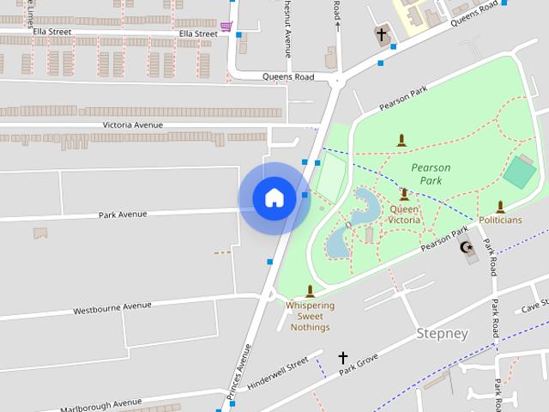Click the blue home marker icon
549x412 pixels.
pos(274,197)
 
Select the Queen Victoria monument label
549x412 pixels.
pos(405,214)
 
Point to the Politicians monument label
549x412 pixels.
pos(500,220)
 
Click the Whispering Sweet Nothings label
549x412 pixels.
pos(310,316)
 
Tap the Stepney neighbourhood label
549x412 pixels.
pos(443,333)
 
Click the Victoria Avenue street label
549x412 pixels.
pos(133,124)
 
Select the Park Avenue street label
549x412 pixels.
pos(123,215)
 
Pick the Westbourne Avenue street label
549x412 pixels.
pos(112,307)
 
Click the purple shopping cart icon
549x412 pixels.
pos(226,27)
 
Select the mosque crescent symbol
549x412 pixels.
pos(468,248)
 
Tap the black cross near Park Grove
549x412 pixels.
pos(343,357)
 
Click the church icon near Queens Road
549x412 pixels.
pos(382,35)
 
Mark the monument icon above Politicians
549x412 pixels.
pos(500,206)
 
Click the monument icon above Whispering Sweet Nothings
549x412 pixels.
pos(310,291)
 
